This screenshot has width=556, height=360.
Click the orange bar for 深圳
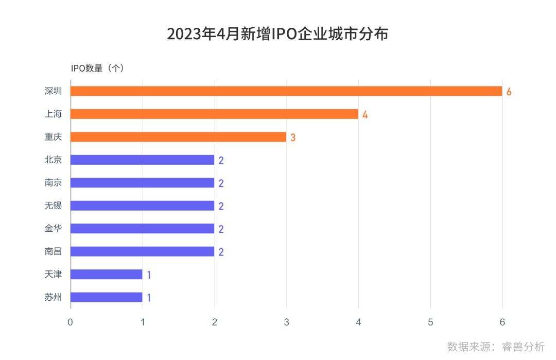coord(286,91)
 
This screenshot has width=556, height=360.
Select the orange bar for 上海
coord(214,114)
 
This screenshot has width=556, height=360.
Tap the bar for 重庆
coord(178,137)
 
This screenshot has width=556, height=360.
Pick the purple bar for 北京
coord(142,160)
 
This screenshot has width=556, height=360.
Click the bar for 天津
coord(106,274)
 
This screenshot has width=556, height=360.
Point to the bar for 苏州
coord(106,297)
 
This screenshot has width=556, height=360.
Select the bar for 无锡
coord(142,205)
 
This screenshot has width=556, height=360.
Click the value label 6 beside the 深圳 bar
coord(509,92)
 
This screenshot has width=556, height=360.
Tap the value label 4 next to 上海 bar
coord(364,114)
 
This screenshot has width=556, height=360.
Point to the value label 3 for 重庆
coord(292,138)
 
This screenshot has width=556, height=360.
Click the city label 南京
coord(53,182)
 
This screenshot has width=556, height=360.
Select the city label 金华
coord(53,228)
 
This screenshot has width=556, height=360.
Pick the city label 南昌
coord(53,251)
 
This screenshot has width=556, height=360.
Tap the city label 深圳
coord(53,91)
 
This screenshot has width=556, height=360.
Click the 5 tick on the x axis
coord(430,322)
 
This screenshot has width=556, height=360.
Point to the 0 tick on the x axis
coord(71,322)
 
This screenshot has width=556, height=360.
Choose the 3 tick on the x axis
coord(286,322)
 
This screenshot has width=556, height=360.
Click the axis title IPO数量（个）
coord(98,68)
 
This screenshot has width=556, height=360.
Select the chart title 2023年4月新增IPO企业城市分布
coord(277,34)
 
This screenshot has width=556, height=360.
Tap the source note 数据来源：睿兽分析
coord(496,346)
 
